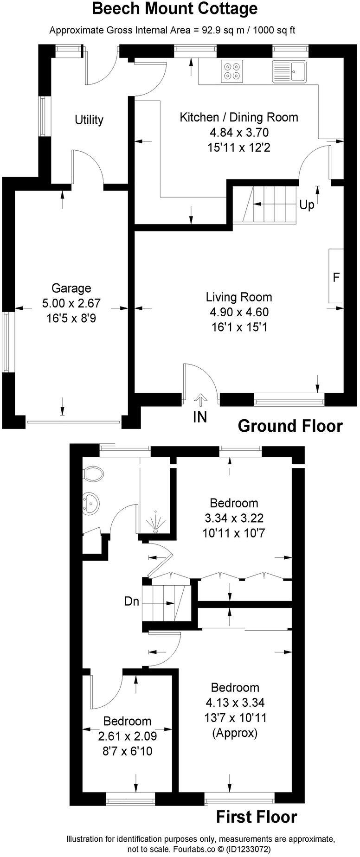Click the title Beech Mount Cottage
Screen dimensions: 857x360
pyautogui.click(x=174, y=9)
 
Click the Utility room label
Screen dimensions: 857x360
pyautogui.click(x=89, y=120)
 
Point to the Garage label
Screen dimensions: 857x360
pyautogui.click(x=71, y=288)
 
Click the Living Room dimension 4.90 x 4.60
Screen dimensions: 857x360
pyautogui.click(x=239, y=312)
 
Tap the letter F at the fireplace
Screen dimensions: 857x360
pyautogui.click(x=336, y=277)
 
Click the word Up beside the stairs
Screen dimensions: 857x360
pyautogui.click(x=306, y=205)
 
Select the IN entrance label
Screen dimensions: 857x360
pyautogui.click(x=200, y=417)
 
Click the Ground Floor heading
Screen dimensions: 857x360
pyautogui.click(x=290, y=426)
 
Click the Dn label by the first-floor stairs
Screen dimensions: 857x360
pyautogui.click(x=132, y=602)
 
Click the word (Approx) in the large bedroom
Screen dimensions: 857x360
pyautogui.click(x=235, y=733)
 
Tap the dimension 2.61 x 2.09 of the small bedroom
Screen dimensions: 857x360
pyautogui.click(x=127, y=736)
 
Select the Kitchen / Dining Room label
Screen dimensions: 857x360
pyautogui.click(x=238, y=117)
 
